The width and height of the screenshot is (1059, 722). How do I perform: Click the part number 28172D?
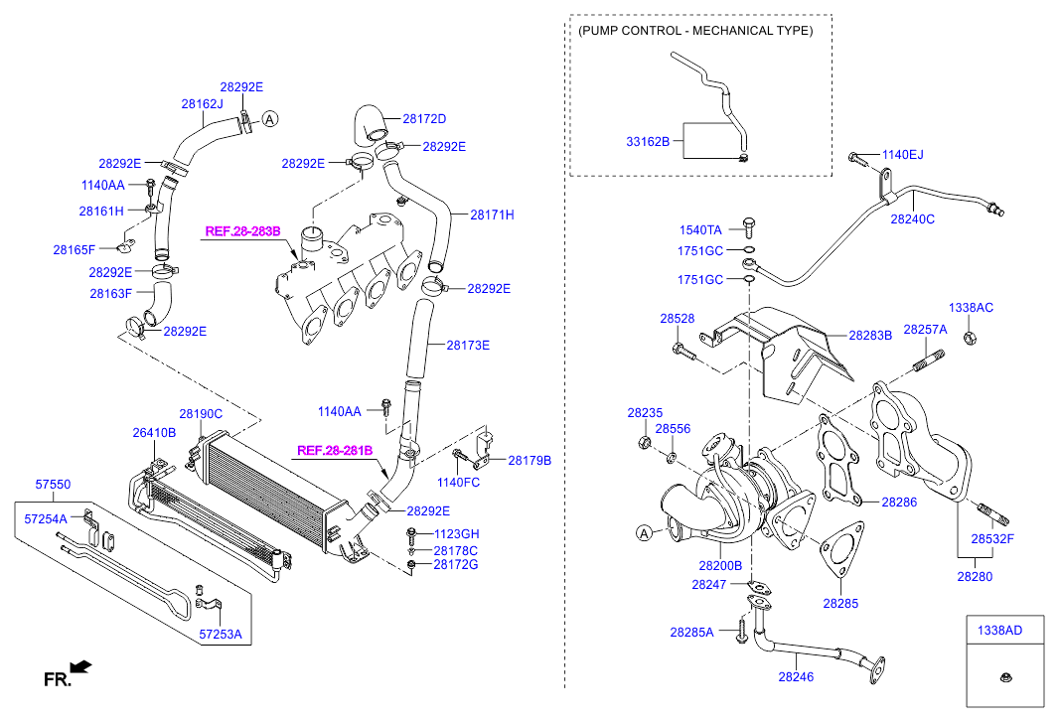pos(424,119)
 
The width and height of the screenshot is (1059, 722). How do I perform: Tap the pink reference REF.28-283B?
pos(243,231)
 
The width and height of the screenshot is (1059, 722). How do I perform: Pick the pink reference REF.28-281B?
pos(335,450)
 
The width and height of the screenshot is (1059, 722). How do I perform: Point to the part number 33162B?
pos(648,142)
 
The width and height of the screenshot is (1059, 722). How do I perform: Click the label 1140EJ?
pos(902,155)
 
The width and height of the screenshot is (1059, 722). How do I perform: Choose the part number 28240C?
pos(912,218)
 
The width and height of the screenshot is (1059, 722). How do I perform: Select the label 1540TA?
pos(701,230)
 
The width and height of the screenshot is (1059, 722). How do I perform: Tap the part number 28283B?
pos(870,336)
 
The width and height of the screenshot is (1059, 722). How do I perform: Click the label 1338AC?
pos(971,308)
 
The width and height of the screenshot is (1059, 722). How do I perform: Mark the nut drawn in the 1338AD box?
pos(1004,679)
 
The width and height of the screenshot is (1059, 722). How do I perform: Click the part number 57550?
pos(53,485)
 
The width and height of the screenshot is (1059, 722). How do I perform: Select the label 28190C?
pos(201,413)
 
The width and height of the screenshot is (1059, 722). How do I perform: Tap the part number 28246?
pos(796,677)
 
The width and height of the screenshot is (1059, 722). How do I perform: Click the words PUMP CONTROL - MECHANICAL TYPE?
pos(695,31)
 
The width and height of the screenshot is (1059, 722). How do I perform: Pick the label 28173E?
pos(468,346)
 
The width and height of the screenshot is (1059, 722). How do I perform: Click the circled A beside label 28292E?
pos(269,119)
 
